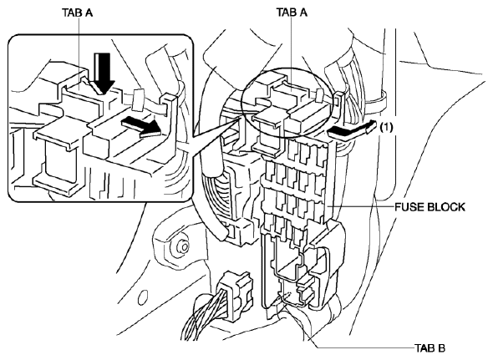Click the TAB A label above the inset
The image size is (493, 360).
[78, 13]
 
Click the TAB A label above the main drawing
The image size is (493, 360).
[292, 13]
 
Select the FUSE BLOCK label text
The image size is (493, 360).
[429, 207]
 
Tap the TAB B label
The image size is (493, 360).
[429, 348]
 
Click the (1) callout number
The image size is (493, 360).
[386, 127]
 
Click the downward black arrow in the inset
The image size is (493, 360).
[104, 73]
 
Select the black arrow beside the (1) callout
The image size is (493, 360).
[352, 129]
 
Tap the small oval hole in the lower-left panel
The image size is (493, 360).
[143, 297]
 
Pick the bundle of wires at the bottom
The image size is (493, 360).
[203, 317]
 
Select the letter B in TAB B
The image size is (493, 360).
[441, 348]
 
